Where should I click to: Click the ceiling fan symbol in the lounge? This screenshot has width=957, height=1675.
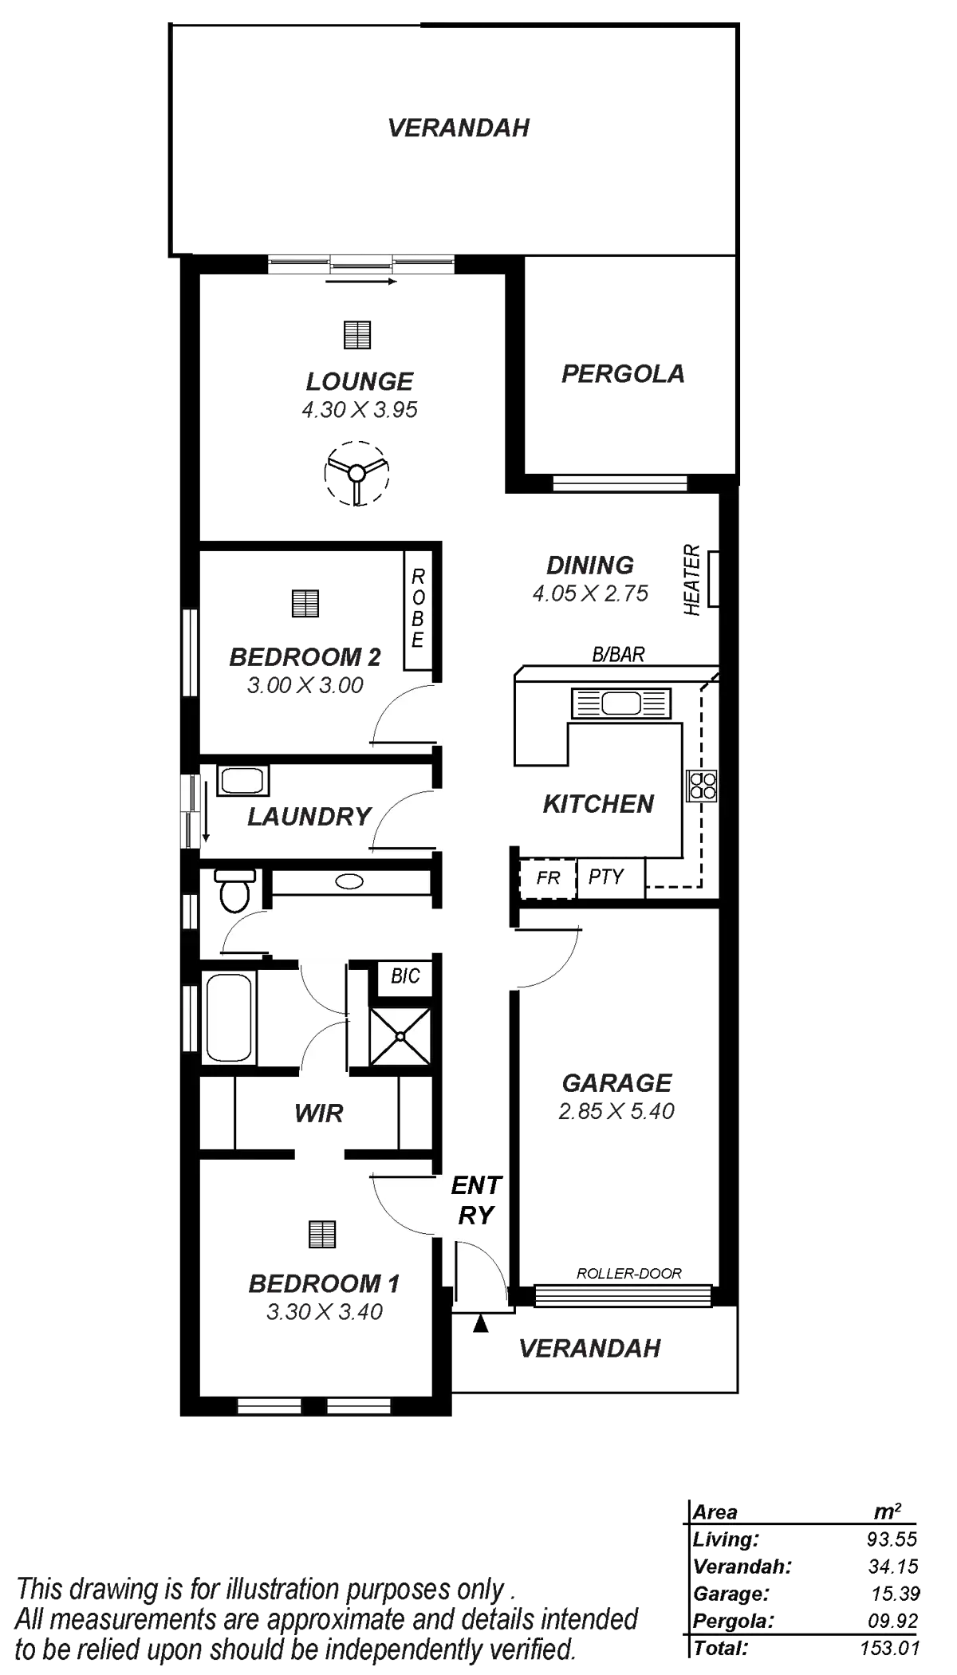click(x=356, y=472)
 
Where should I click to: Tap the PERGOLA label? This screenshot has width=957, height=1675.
click(x=624, y=373)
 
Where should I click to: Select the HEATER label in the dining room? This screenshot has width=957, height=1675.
click(x=692, y=580)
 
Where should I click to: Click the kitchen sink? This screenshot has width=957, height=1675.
click(x=620, y=703)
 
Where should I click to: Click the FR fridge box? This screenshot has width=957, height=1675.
click(x=548, y=878)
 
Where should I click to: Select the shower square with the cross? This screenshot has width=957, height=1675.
click(x=400, y=1036)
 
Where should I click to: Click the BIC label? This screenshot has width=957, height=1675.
click(x=405, y=976)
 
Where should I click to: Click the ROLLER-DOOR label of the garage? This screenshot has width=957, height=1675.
click(x=629, y=1273)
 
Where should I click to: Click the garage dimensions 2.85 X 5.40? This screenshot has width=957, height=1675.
click(x=617, y=1111)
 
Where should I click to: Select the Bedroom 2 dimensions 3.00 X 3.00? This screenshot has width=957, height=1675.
click(x=305, y=685)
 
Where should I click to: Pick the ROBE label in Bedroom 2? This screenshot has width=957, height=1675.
click(x=417, y=609)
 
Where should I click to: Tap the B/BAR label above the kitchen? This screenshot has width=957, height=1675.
click(x=618, y=655)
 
